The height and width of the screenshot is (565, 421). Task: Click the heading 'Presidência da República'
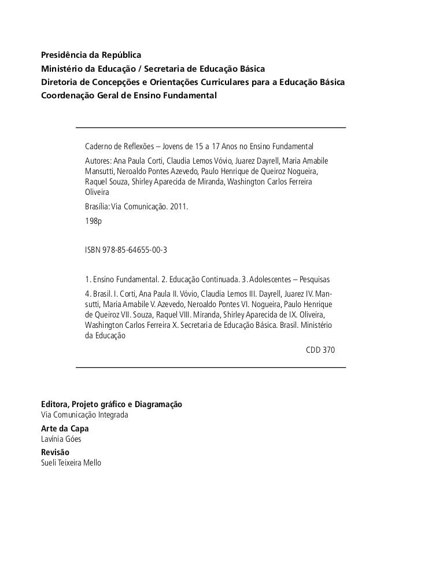(91, 57)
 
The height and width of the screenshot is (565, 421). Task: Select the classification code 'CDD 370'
(319, 351)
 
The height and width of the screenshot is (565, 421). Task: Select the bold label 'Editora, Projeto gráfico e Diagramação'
(112, 405)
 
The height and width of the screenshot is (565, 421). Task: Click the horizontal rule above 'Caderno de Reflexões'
(211, 127)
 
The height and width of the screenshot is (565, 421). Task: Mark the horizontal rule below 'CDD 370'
(211, 368)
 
